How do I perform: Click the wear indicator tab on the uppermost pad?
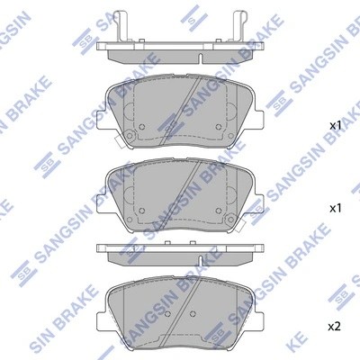pos(129,137)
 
